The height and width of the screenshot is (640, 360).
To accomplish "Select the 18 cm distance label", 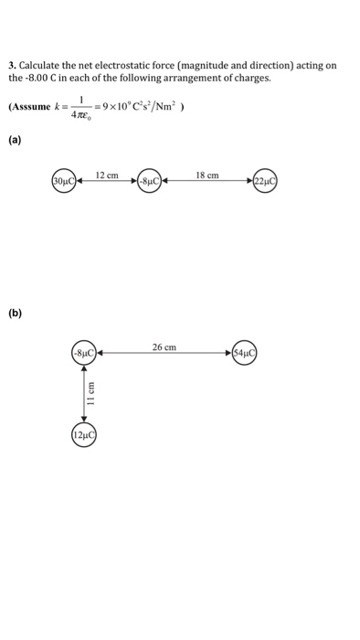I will (207, 173).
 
